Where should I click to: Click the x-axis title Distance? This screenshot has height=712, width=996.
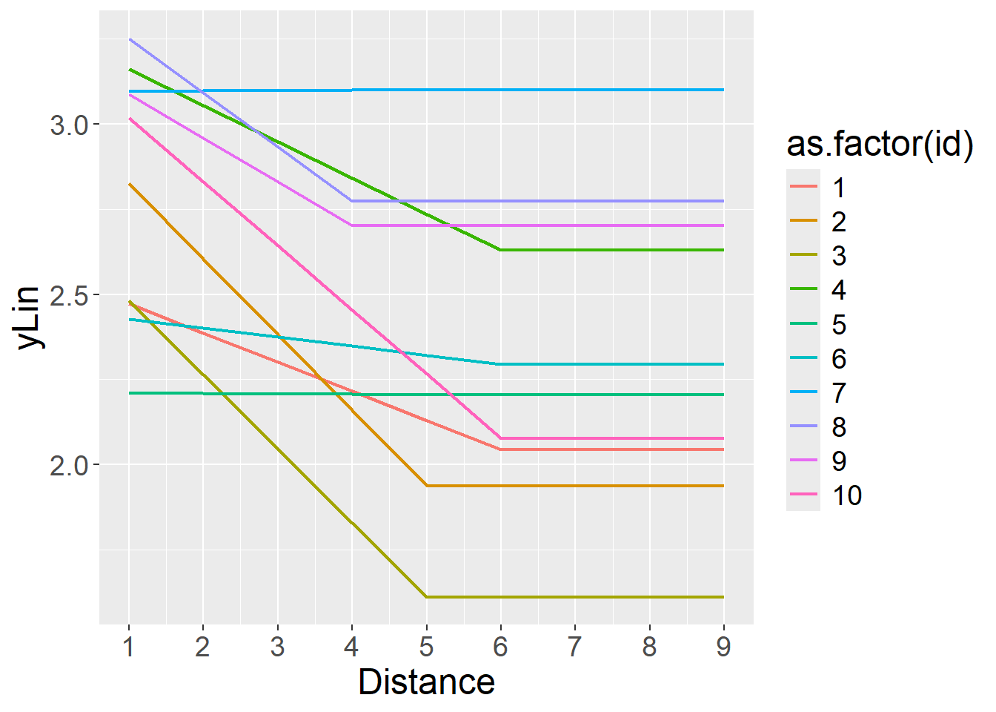coord(426,682)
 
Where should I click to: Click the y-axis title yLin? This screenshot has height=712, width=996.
coord(30,317)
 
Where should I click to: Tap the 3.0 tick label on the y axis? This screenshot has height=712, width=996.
coord(69,125)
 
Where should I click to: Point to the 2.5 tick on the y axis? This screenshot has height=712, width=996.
coord(69,295)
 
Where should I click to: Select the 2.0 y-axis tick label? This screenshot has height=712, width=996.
coord(69,466)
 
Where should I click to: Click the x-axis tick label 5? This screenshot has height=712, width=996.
coord(426,647)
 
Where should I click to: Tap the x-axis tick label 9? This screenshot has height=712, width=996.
coord(723,647)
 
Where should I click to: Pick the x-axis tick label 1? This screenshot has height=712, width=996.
coord(129,647)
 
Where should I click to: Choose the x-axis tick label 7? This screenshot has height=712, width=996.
coord(574,647)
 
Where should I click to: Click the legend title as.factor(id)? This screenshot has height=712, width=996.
coord(880,145)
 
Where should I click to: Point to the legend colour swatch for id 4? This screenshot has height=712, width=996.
coord(803,290)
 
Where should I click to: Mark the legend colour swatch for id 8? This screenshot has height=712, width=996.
coord(803,427)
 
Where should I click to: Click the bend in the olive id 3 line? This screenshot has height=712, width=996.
coord(426,597)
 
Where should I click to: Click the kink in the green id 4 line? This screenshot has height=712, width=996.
coord(500,250)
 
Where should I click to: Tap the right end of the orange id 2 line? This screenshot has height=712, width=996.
coord(723,486)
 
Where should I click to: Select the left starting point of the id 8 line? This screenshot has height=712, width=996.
coord(129,39)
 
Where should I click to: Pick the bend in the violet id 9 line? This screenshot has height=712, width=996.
coord(351,225)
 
